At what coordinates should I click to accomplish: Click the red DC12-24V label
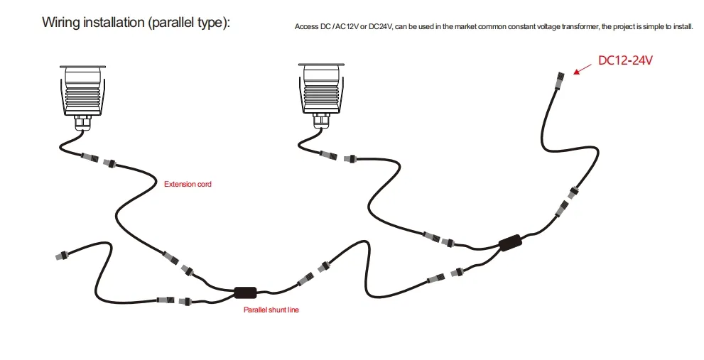click(624, 60)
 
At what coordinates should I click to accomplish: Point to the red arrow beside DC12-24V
click(582, 68)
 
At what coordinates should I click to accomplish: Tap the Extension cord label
click(188, 184)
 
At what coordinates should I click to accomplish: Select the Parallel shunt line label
click(271, 310)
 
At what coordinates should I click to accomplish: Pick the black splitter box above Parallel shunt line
click(245, 291)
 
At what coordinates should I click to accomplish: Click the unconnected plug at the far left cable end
click(60, 253)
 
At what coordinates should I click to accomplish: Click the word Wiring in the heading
click(60, 22)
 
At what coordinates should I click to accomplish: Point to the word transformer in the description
click(562, 27)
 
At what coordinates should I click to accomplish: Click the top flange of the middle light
click(323, 67)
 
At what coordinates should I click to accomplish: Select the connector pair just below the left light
click(99, 159)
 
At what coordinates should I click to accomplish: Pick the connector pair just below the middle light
click(338, 156)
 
